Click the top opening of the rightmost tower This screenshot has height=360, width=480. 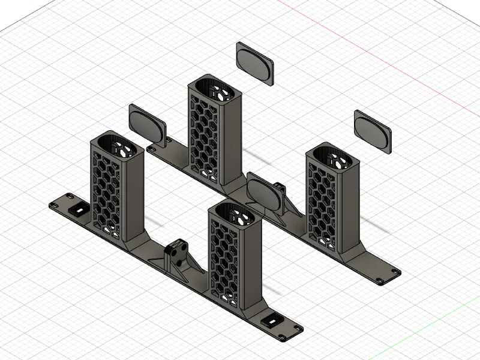(333, 154)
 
